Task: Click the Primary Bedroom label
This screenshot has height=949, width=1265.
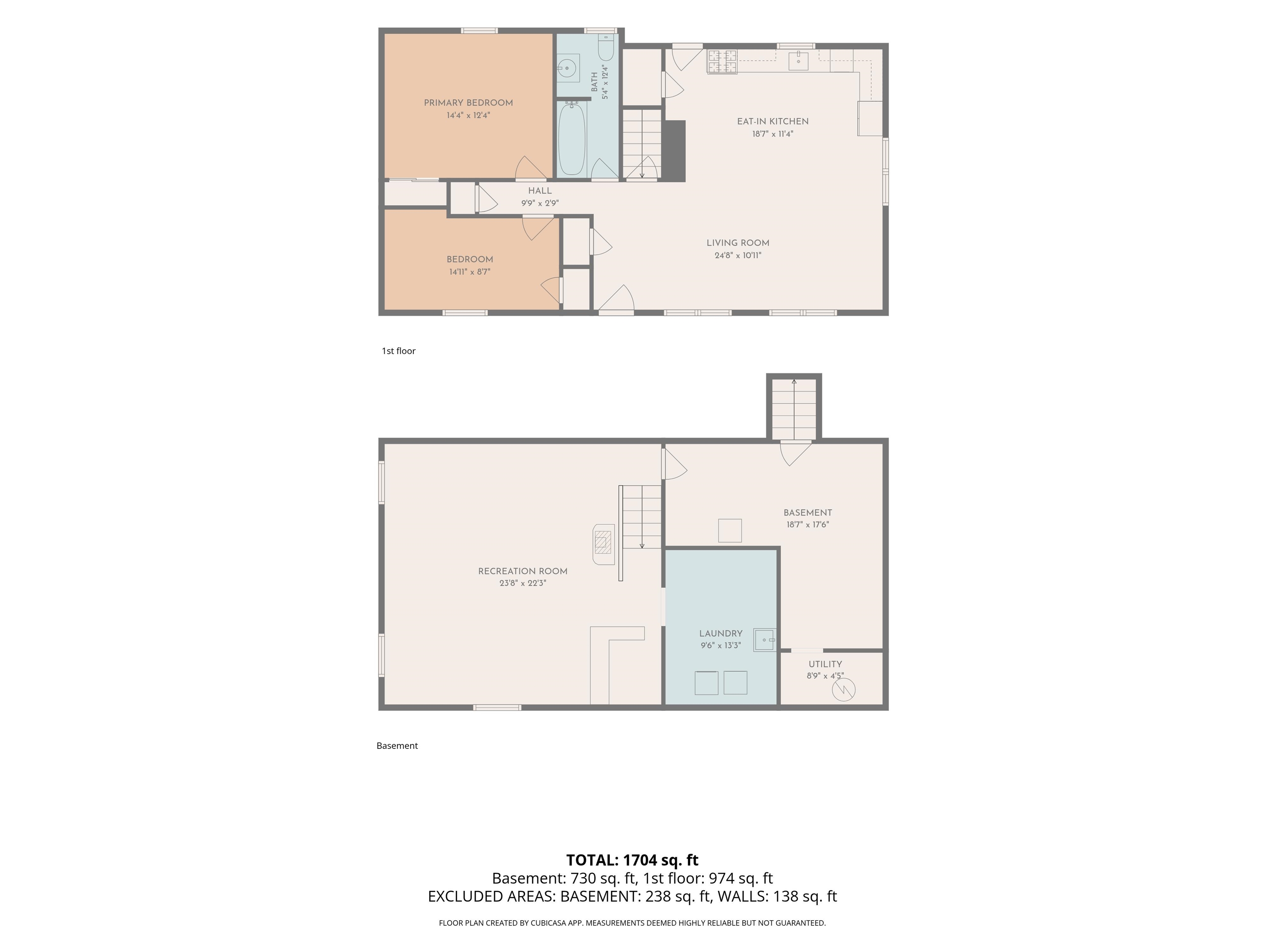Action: pos(468,103)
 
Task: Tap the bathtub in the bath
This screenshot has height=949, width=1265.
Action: pos(571,139)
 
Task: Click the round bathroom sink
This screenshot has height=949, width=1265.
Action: pos(567,68)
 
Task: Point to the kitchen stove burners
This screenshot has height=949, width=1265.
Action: pos(722,62)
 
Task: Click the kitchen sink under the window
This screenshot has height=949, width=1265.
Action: pos(798,61)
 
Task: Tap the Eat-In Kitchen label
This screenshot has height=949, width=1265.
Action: pos(773,121)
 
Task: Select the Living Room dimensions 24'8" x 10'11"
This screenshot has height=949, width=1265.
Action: pos(738,256)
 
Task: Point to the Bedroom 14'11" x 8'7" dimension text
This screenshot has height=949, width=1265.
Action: pos(469,272)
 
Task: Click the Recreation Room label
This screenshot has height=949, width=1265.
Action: pos(523,571)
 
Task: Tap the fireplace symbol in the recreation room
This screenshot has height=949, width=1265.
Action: pos(603,544)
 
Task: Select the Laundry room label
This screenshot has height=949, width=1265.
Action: pos(721,633)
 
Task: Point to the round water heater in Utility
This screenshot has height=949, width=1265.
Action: pos(843,690)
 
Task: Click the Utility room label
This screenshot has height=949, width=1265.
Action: pos(825,664)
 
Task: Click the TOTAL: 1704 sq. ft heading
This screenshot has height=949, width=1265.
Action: pos(632,860)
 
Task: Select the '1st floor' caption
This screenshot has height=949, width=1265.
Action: pos(399,351)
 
